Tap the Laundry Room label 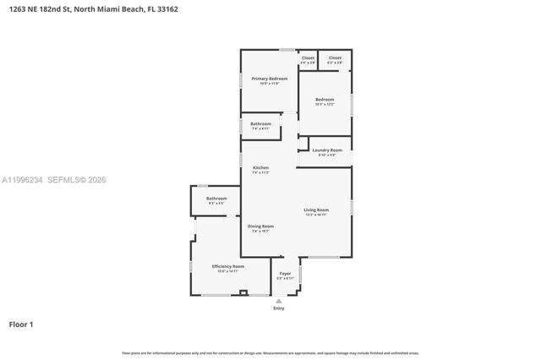(x=327, y=150)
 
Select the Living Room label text (x=317, y=210)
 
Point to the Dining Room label (x=260, y=226)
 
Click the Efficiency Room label (x=227, y=266)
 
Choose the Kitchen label (x=260, y=167)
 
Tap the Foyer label (x=285, y=273)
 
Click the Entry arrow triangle (x=279, y=301)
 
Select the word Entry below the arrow (x=279, y=308)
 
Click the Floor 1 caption (x=21, y=324)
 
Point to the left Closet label (x=308, y=58)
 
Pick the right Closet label (x=336, y=58)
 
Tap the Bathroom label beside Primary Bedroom (x=260, y=124)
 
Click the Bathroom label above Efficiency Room (x=216, y=199)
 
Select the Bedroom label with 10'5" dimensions (x=325, y=100)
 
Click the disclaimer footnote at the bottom (x=270, y=352)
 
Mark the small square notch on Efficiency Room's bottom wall (x=243, y=292)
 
